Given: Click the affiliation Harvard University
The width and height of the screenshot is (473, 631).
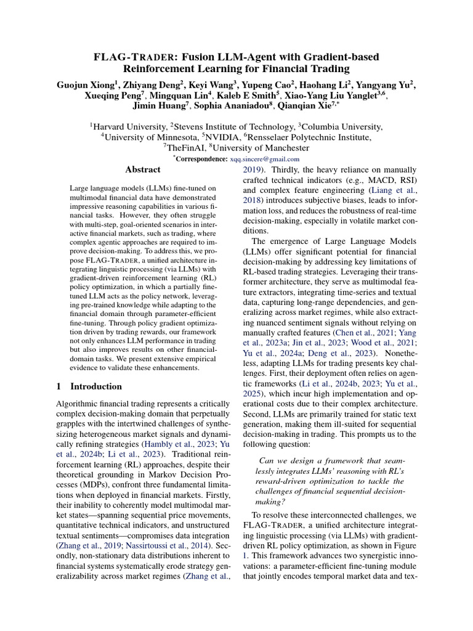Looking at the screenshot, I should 127,126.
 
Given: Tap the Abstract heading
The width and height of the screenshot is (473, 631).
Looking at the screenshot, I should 142,169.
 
